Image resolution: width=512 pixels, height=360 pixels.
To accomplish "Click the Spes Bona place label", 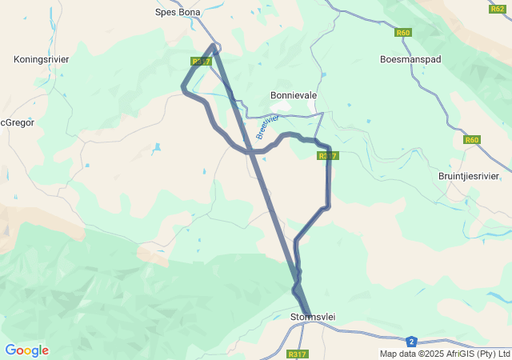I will point(178,12).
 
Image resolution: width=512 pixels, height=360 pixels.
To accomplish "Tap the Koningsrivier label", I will point(41,59).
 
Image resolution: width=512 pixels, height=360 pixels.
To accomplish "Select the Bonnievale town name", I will point(294,95).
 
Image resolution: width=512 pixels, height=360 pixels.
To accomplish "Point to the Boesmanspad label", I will point(410,59).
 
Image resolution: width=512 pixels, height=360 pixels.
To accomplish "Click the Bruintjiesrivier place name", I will point(469,176).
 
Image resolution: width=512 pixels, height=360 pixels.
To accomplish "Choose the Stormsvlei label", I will point(312,318).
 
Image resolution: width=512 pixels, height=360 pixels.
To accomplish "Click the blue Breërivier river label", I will point(267,126).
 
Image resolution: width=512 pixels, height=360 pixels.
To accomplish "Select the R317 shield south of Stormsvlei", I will point(297,354).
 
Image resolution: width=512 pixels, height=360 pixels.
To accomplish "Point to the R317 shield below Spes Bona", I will point(201,61).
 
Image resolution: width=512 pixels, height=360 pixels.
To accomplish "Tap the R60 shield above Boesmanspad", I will point(402,33).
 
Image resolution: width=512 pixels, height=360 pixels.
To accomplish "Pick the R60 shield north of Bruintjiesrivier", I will point(472,140).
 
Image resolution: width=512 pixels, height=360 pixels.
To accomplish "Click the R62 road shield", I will point(497,8).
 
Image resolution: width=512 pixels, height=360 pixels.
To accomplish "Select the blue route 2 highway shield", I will point(411,341).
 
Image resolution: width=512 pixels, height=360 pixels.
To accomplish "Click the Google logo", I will point(26,350).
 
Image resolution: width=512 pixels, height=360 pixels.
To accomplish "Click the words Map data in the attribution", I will point(398,354).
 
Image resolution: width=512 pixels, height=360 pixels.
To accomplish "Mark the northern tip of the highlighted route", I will point(214,46).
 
